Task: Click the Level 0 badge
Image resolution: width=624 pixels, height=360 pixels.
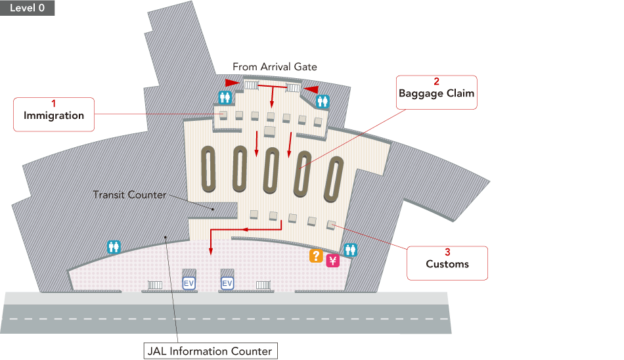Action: [28, 8]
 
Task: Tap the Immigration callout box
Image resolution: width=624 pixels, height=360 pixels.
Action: [54, 114]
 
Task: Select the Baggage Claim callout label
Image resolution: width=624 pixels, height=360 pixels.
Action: [436, 92]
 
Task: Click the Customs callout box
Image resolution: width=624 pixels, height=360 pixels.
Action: [447, 263]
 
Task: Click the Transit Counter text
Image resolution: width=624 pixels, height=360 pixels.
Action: [129, 195]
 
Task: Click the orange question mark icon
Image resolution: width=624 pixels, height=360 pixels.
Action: [316, 257]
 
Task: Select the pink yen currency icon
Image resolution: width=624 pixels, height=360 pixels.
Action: [332, 261]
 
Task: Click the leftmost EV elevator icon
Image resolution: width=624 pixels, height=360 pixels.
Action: [189, 283]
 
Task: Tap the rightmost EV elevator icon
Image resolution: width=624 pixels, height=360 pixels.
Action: [227, 283]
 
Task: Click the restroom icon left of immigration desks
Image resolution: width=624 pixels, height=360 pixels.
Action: [225, 97]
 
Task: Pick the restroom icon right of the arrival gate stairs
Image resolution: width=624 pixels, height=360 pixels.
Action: [323, 101]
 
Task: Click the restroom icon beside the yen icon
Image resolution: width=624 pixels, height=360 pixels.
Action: [350, 250]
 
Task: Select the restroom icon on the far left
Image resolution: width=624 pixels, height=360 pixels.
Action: [114, 247]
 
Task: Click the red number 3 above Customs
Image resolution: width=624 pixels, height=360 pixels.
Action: [447, 252]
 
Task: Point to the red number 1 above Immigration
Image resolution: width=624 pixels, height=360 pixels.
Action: [54, 103]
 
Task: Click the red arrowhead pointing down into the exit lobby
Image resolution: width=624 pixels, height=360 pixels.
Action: [210, 251]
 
